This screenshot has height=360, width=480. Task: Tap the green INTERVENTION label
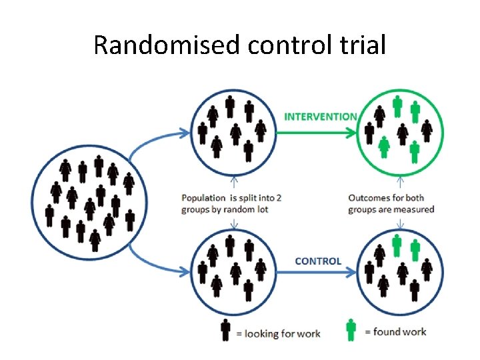[321, 116]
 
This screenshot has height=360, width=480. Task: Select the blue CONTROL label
[318, 261]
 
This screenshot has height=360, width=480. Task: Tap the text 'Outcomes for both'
[386, 198]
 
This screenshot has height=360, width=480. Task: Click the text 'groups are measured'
[391, 209]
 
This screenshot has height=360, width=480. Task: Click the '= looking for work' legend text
[278, 333]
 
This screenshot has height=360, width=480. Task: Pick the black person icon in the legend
[225, 330]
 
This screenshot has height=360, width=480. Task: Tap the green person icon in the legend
[351, 329]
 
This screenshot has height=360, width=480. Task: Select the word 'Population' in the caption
[203, 198]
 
